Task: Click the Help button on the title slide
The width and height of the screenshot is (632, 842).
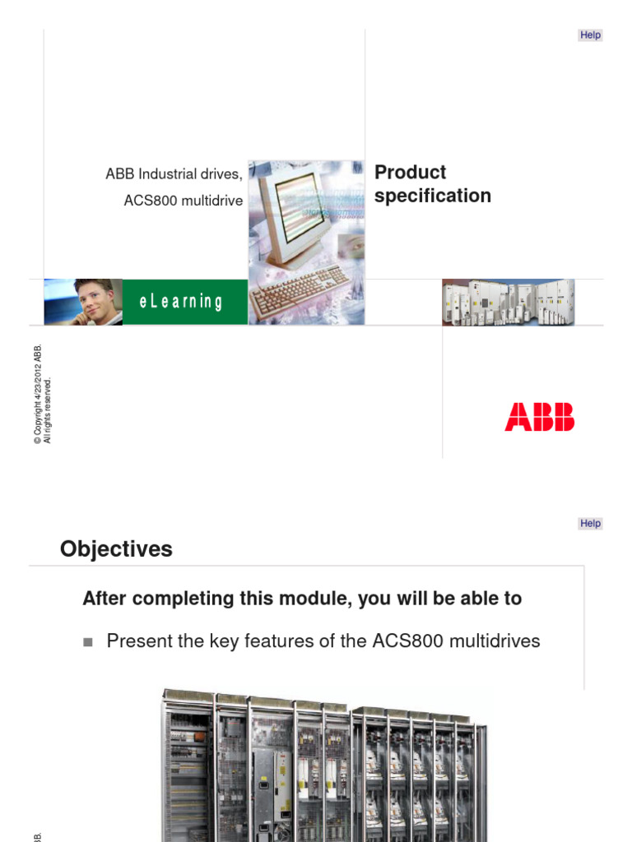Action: pyautogui.click(x=591, y=35)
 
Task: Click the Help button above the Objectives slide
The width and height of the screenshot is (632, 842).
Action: pyautogui.click(x=591, y=524)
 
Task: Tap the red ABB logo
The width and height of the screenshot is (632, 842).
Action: pyautogui.click(x=540, y=417)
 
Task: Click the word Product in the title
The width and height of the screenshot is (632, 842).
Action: pyautogui.click(x=410, y=173)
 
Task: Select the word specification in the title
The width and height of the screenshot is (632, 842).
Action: pyautogui.click(x=432, y=196)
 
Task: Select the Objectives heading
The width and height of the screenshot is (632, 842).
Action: pyautogui.click(x=116, y=549)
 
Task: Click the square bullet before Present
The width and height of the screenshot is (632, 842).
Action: pyautogui.click(x=89, y=642)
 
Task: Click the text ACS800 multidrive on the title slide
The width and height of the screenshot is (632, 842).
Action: pyautogui.click(x=184, y=201)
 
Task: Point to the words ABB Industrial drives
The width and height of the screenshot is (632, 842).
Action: pyautogui.click(x=174, y=174)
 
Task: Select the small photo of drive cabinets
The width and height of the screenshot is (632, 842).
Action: pyautogui.click(x=509, y=303)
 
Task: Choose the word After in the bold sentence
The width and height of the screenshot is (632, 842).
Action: pyautogui.click(x=105, y=599)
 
